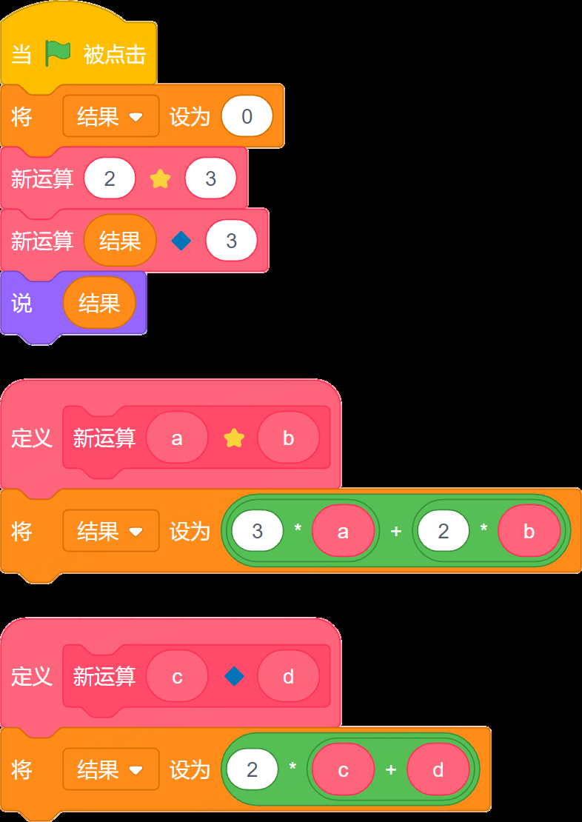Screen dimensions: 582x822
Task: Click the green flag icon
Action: pos(58,53)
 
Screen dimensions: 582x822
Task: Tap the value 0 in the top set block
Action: pos(247,116)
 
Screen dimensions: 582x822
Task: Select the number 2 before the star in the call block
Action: pos(110,178)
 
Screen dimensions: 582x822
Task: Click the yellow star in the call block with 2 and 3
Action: pos(161,178)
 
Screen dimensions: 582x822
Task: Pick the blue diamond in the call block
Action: pos(181,241)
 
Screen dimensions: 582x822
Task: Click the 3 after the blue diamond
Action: pos(231,241)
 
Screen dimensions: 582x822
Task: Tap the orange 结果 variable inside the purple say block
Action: pos(99,302)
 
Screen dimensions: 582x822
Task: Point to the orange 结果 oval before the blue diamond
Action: pos(120,241)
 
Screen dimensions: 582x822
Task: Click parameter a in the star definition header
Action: pos(177,438)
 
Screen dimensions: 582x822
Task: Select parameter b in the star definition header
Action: pos(288,438)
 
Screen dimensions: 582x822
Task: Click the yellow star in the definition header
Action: pos(234,438)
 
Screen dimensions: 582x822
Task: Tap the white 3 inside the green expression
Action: pos(258,530)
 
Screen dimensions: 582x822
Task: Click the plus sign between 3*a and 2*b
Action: pos(396,531)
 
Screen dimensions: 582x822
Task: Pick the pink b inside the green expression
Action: pos(529,530)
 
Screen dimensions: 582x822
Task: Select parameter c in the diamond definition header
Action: pos(177,676)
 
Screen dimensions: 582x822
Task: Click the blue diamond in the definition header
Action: pos(234,676)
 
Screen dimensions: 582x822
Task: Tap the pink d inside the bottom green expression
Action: pos(438,769)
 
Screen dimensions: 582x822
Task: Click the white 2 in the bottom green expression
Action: pos(252,769)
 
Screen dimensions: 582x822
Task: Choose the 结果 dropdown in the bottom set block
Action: pos(110,769)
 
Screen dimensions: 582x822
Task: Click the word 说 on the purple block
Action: pos(21,303)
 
